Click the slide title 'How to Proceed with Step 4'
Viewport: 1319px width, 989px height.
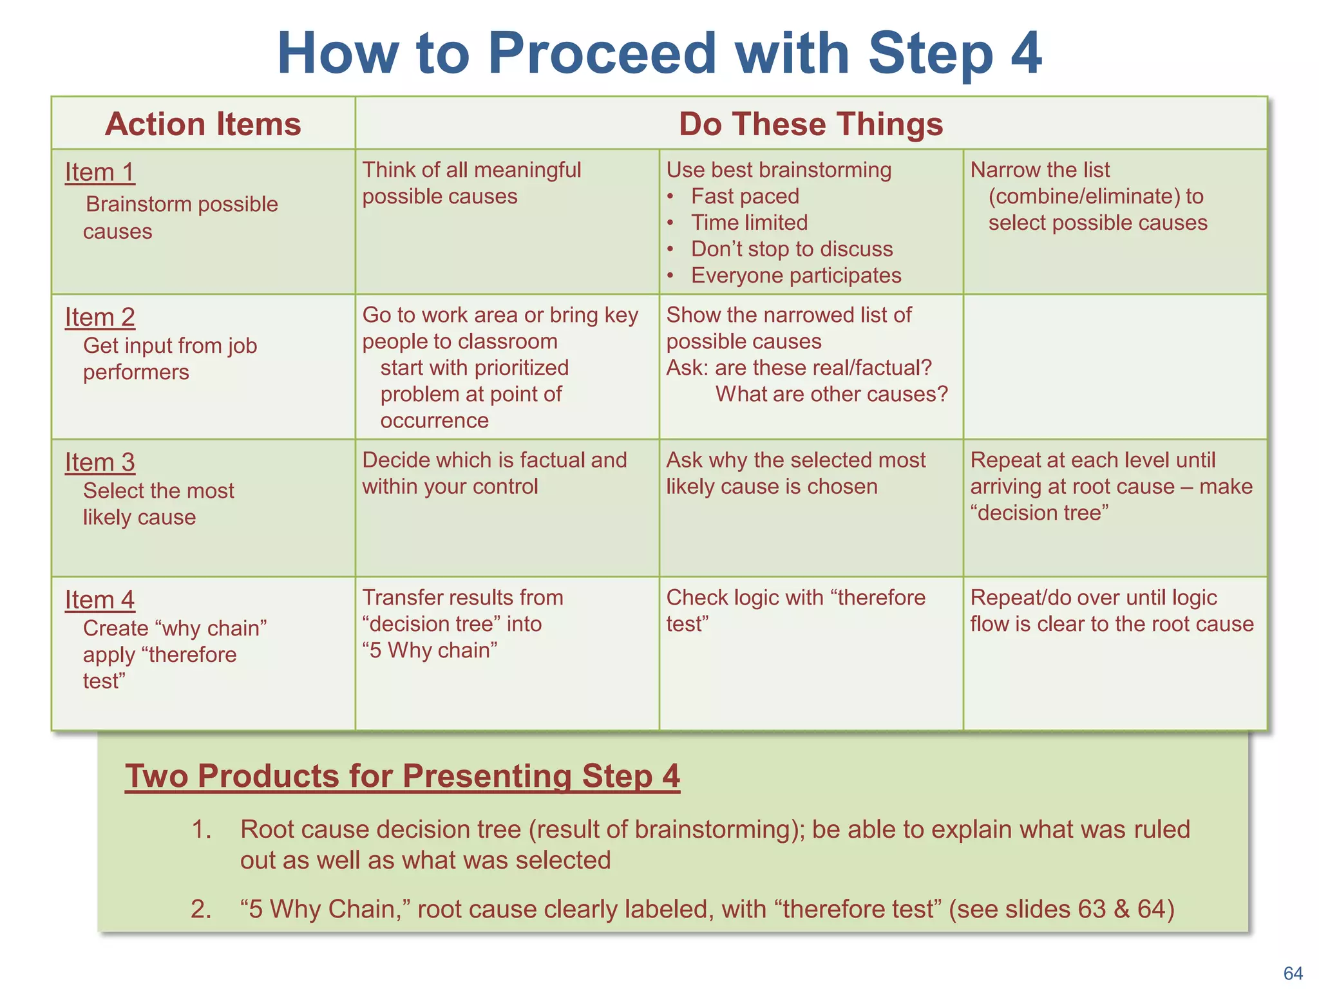[659, 53]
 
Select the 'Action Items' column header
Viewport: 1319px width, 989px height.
[203, 124]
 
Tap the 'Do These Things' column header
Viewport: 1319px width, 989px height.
[811, 124]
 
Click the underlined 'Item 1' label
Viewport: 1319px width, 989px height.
[100, 173]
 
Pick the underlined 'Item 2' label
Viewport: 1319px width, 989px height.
[100, 317]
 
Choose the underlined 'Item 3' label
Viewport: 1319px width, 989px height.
[100, 462]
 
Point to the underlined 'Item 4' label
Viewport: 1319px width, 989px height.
[100, 600]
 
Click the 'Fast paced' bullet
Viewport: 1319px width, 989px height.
[745, 196]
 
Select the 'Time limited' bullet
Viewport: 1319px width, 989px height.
[749, 223]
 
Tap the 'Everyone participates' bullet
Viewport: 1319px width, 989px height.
[796, 276]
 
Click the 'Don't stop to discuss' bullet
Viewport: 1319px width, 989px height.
[792, 249]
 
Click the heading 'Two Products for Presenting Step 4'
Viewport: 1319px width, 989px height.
[403, 776]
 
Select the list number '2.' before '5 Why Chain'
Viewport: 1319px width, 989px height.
[201, 909]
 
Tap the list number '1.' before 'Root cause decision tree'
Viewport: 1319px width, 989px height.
[202, 830]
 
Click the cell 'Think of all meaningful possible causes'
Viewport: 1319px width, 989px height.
[471, 184]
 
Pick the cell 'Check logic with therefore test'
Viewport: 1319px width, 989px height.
[795, 610]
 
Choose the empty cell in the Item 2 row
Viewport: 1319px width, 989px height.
[1115, 367]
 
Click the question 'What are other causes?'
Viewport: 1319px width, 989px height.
[831, 394]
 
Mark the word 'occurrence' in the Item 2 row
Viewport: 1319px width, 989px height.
[435, 420]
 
